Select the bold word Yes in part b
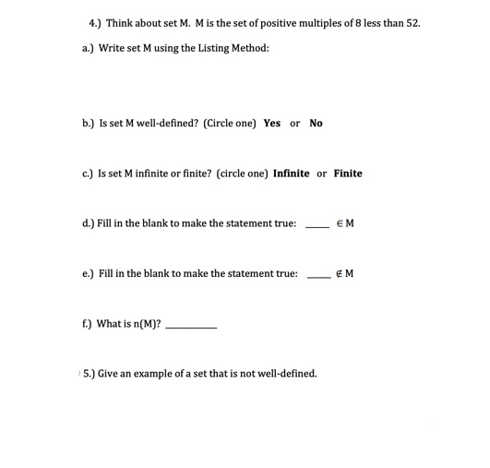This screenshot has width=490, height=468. point(271,123)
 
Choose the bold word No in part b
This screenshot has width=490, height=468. point(317,123)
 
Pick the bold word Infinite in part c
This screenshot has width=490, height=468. point(292,174)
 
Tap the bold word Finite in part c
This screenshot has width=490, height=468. point(348,174)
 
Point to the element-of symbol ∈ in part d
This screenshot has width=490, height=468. point(341,223)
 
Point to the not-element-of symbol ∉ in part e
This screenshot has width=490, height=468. point(341,274)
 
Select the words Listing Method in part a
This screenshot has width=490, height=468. point(233,47)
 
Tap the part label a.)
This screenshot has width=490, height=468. point(87,47)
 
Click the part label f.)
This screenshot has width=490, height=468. point(87,324)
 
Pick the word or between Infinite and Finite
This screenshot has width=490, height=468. point(321,174)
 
